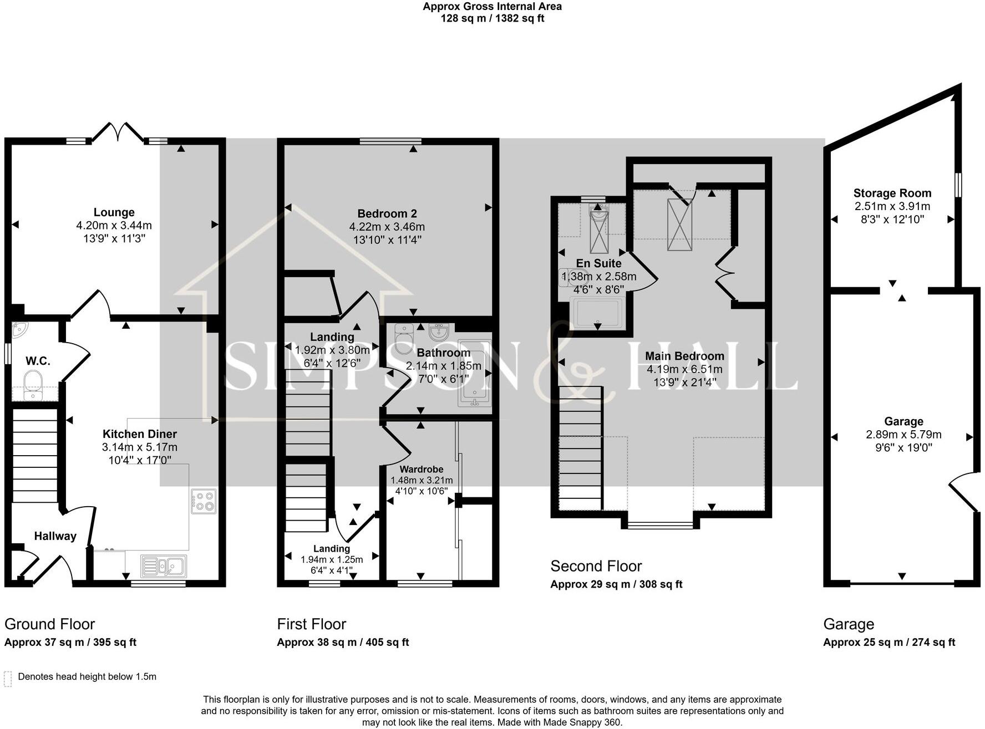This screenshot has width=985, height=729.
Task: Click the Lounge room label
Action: tap(114, 212)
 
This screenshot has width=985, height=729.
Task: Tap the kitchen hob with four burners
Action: tap(204, 501)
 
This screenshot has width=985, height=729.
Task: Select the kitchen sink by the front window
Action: tap(164, 566)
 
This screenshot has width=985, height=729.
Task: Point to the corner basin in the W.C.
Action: tap(19, 330)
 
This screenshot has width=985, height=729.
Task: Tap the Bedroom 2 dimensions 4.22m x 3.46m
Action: tap(387, 227)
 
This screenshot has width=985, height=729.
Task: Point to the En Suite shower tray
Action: tap(597, 313)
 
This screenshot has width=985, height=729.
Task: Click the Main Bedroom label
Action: tap(684, 356)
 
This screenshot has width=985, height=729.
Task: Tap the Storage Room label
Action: tap(892, 193)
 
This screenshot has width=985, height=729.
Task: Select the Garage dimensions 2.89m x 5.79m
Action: tap(903, 435)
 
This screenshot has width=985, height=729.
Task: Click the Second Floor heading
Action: tap(596, 566)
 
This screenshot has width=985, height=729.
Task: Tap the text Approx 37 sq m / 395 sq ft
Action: tap(70, 643)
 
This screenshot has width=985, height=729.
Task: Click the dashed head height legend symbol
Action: tap(8, 679)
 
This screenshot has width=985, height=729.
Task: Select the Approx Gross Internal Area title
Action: tap(492, 7)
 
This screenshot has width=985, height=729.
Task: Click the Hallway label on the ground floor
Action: tap(55, 536)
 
